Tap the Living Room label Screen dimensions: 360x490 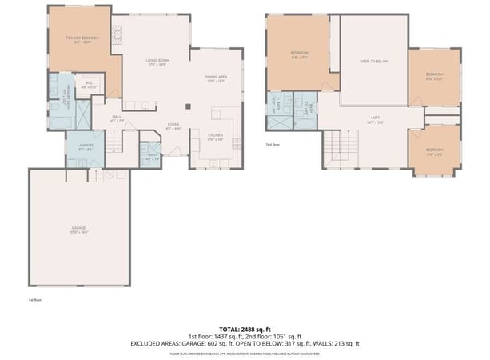coord(156,62)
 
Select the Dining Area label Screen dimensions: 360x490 coord(217,78)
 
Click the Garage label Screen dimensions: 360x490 coord(78,230)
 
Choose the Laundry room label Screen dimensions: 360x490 coord(86,146)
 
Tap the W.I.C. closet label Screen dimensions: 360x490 coord(90,83)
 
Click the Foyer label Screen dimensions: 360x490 coord(172,126)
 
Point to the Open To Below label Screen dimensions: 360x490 coord(374,62)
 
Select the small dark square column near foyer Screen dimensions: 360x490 coord(188,105)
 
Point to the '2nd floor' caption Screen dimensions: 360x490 coord(273,145)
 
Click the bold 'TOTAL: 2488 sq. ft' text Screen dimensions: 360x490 coord(245,329)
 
